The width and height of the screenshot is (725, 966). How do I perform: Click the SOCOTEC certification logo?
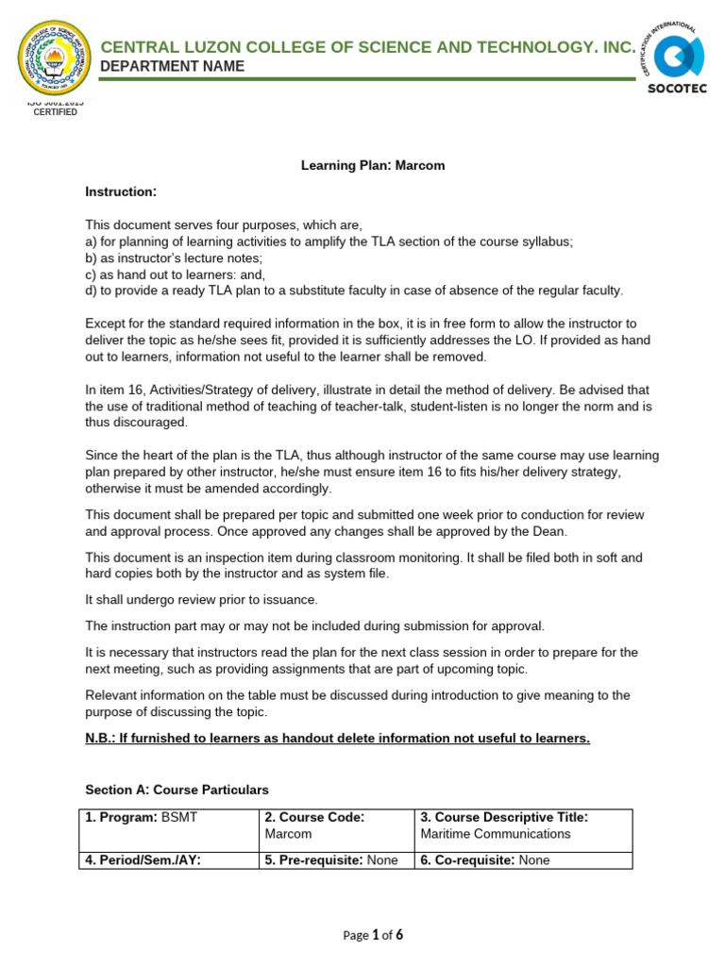(673, 58)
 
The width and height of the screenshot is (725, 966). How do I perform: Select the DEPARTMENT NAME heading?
(172, 66)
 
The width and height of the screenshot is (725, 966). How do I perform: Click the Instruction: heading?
(120, 192)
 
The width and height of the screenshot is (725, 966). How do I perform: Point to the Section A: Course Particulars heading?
(177, 789)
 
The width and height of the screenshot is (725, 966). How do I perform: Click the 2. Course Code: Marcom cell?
(335, 825)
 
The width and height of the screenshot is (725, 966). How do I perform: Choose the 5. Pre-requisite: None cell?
(335, 860)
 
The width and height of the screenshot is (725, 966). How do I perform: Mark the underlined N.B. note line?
(337, 738)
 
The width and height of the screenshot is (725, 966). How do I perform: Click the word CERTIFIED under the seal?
(56, 112)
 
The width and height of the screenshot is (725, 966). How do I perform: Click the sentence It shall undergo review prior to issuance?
(202, 600)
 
